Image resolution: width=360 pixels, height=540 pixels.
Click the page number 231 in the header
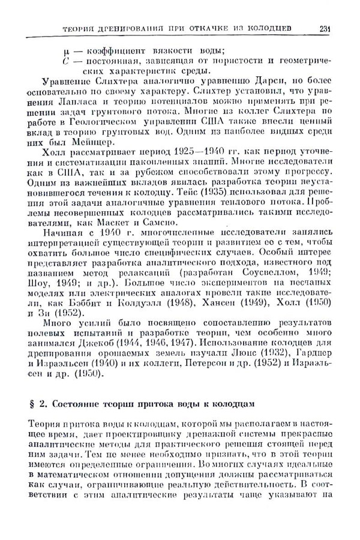[325, 28]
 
